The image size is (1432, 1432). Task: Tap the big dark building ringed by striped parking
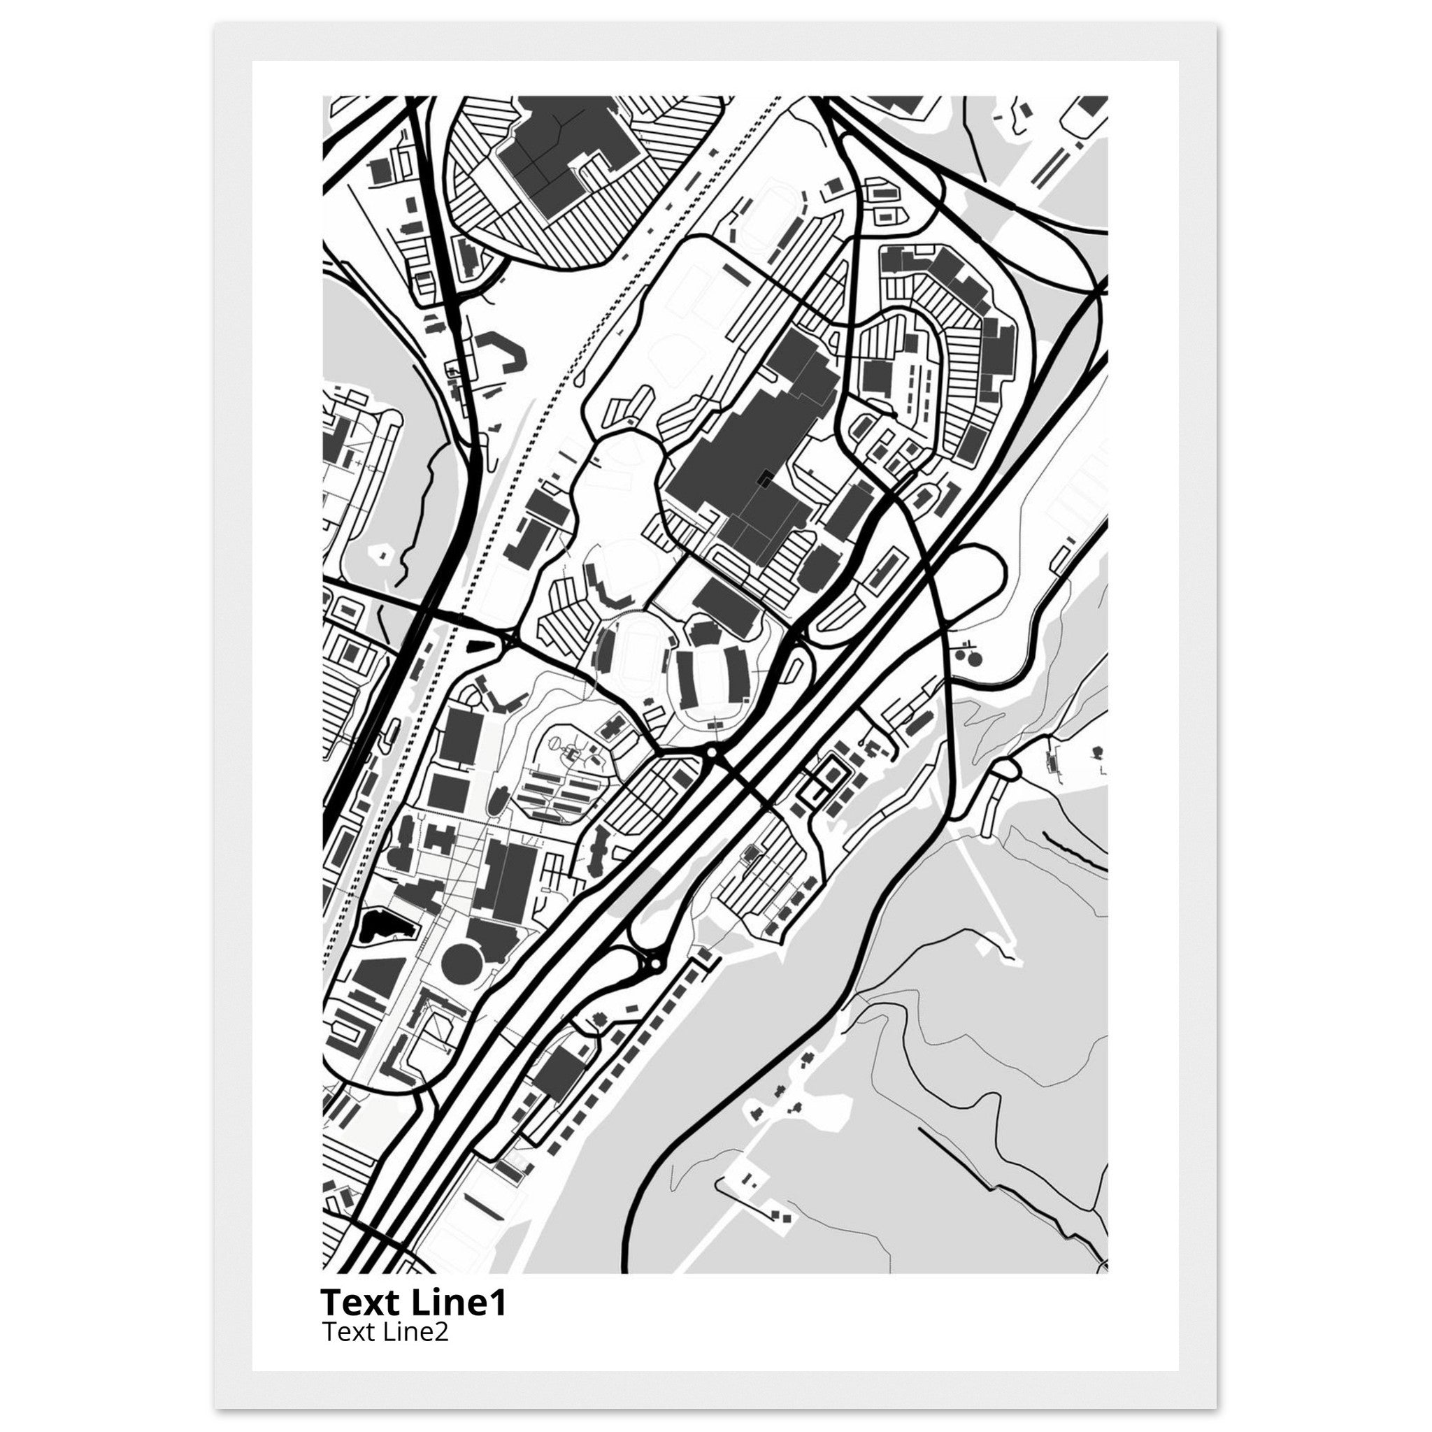click(x=567, y=156)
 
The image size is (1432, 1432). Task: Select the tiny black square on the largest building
click(x=764, y=478)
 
